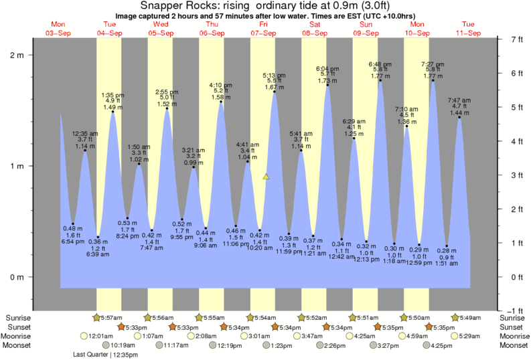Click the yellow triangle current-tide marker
pyautogui.click(x=266, y=177)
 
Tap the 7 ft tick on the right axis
pyautogui.click(x=501, y=39)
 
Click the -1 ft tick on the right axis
pyautogui.click(x=501, y=310)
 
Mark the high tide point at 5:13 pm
pyautogui.click(x=275, y=92)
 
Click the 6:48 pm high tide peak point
pyautogui.click(x=380, y=81)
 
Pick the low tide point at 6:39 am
pyautogui.click(x=98, y=237)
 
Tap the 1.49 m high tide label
pyautogui.click(x=112, y=107)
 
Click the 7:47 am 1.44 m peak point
pyautogui.click(x=459, y=118)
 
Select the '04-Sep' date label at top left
pyautogui.click(x=109, y=33)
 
